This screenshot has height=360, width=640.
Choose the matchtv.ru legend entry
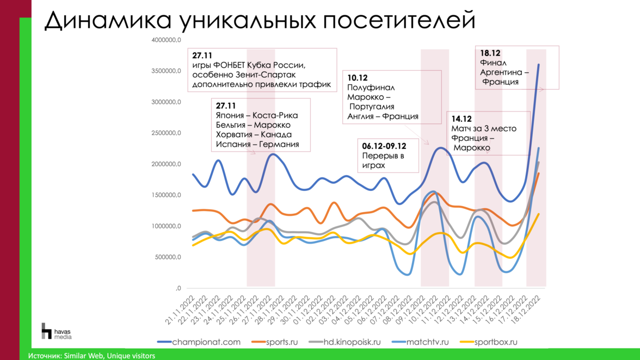[448, 342]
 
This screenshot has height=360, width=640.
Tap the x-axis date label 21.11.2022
[181, 309]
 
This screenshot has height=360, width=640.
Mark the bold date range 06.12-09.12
[384, 145]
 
